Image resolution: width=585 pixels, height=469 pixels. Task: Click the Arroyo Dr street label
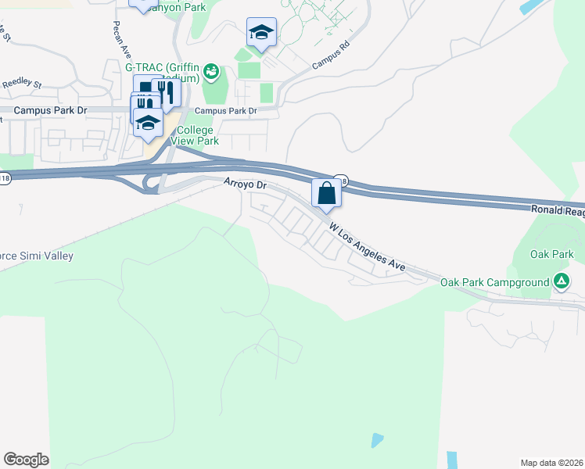[246, 185]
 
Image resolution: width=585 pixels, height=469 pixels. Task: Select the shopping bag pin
[326, 193]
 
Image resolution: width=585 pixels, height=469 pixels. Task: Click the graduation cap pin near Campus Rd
[261, 33]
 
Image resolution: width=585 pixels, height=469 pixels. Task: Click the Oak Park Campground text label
[494, 282]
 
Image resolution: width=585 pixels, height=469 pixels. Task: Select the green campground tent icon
[561, 281]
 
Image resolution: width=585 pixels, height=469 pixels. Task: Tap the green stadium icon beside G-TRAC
[210, 73]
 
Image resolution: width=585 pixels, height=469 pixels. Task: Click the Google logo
[26, 460]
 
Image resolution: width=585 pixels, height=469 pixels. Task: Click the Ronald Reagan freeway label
[557, 209]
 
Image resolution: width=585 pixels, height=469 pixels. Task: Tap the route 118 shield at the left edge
[5, 179]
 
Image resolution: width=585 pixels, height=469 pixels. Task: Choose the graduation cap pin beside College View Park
[147, 123]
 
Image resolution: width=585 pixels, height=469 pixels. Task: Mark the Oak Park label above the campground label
[551, 254]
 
